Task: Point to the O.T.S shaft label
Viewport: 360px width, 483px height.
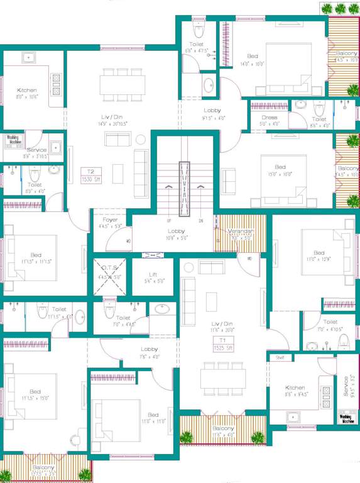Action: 110,272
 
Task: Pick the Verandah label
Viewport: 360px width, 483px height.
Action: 240,235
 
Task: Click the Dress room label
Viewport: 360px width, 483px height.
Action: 270,120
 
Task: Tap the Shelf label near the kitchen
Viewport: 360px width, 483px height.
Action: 280,358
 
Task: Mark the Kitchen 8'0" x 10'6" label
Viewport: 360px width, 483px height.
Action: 27,94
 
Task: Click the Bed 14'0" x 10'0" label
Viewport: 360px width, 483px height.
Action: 252,60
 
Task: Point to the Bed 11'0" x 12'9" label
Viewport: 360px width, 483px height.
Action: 319,256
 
